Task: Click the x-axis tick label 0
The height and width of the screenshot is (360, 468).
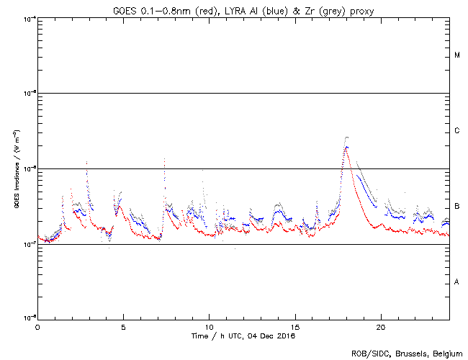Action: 37,326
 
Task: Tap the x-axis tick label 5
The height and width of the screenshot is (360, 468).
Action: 123,326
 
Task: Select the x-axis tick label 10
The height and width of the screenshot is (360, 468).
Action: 209,326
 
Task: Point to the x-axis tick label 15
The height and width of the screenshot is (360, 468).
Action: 295,326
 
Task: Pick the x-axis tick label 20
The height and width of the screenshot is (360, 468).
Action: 381,326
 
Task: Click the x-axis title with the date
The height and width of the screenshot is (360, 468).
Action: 243,336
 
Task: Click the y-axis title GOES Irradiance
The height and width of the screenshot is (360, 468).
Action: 15,168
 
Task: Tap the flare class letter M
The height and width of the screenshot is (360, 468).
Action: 457,55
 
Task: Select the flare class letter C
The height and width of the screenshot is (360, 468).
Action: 457,131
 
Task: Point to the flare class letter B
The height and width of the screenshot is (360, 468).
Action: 457,207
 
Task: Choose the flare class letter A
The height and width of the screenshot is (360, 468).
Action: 457,282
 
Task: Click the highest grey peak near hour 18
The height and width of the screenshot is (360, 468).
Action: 347,137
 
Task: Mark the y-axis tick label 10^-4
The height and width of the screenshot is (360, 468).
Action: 28,18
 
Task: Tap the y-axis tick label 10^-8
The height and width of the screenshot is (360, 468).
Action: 28,317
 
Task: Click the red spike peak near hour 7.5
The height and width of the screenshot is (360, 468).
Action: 165,160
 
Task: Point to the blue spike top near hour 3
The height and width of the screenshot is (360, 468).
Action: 86,163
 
